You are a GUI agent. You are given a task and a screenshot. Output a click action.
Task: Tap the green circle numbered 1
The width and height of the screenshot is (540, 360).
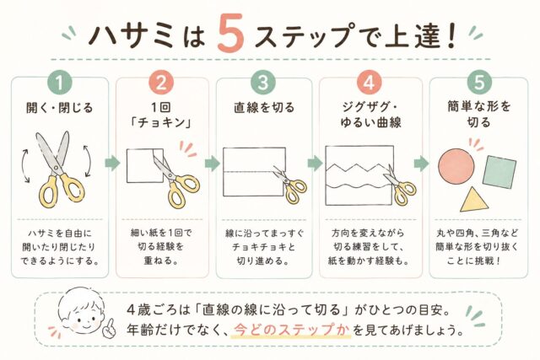60,83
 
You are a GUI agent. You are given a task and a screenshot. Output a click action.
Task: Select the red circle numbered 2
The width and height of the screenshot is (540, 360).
161,83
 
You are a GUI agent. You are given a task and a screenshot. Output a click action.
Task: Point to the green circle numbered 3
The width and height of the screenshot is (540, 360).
263,83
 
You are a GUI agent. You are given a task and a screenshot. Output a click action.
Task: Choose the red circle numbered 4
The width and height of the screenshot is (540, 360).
370,83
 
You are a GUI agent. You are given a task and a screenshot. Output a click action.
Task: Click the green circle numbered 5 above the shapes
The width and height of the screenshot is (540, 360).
479,83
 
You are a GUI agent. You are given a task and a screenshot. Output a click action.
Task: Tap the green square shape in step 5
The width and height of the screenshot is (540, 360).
499,172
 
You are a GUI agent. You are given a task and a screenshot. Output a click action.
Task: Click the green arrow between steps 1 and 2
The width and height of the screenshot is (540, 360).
112,163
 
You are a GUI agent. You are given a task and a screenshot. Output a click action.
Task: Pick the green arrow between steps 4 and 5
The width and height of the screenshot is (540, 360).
421,164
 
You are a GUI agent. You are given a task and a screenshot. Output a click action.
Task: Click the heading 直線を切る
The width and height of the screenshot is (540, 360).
264,108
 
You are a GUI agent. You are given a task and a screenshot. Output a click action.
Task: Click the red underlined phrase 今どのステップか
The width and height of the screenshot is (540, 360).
291,330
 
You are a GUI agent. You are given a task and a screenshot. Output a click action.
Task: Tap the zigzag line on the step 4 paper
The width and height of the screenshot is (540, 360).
357,169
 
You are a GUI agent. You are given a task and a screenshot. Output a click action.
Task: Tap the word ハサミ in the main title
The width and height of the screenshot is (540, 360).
131,35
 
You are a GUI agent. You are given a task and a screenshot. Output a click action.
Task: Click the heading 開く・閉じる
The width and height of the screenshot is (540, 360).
60,108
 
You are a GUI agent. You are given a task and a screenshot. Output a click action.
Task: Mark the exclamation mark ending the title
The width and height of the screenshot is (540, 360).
449,35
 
